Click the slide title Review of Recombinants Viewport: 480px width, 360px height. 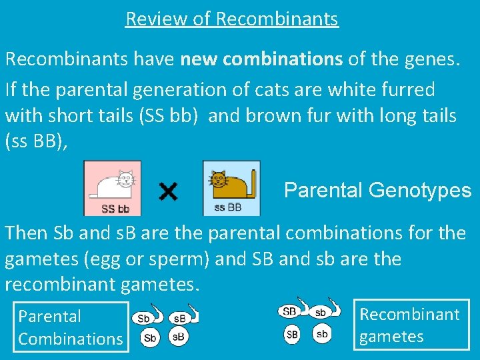coord(232,19)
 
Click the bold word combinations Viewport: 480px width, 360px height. coord(283,59)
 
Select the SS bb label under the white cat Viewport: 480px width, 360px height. coord(115,209)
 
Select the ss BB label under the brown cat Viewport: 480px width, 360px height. coord(227,208)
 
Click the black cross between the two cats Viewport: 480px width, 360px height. coord(169,192)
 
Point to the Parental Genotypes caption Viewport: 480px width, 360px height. coord(377,191)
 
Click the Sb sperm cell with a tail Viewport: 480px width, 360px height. coord(144,318)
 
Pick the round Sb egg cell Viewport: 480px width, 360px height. coord(151,338)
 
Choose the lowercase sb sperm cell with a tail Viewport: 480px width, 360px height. coord(321,312)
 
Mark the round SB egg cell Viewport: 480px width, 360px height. coord(292,333)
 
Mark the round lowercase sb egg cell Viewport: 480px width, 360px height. coord(322,333)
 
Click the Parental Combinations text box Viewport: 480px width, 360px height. coord(71,327)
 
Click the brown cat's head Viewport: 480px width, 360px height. coord(219,179)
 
